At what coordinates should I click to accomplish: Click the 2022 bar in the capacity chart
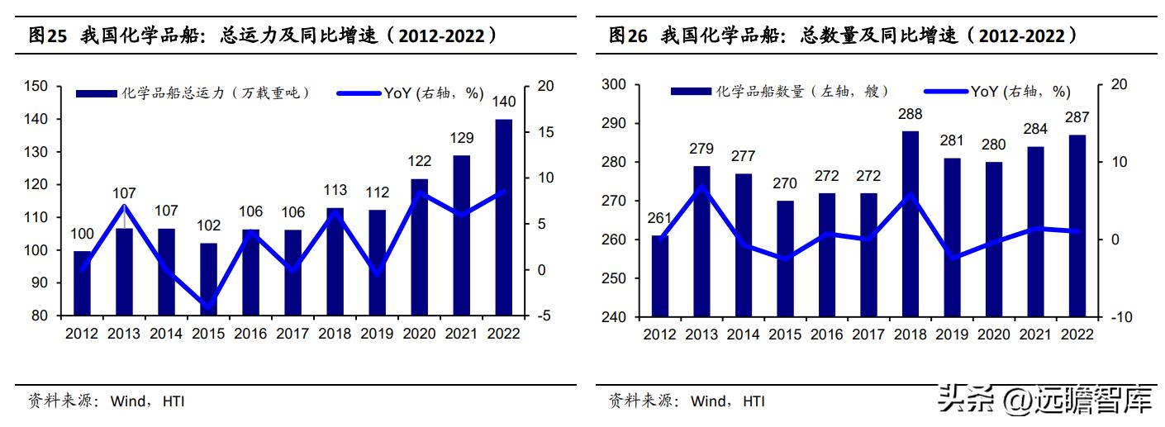[x=503, y=217]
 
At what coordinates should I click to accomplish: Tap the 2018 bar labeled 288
[x=910, y=224]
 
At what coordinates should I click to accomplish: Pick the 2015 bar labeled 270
[x=785, y=259]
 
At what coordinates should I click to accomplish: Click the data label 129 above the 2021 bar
[x=461, y=138]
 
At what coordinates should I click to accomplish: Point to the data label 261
[x=659, y=218]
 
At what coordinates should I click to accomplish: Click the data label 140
[x=503, y=102]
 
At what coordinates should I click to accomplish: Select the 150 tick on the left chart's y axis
[x=36, y=86]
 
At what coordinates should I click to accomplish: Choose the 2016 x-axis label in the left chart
[x=250, y=334]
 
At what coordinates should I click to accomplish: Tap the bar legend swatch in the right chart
[x=691, y=92]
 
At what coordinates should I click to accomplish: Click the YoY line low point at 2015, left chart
[x=208, y=308]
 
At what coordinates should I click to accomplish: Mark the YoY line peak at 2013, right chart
[x=701, y=187]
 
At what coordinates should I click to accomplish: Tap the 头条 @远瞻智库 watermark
[x=1045, y=401]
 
